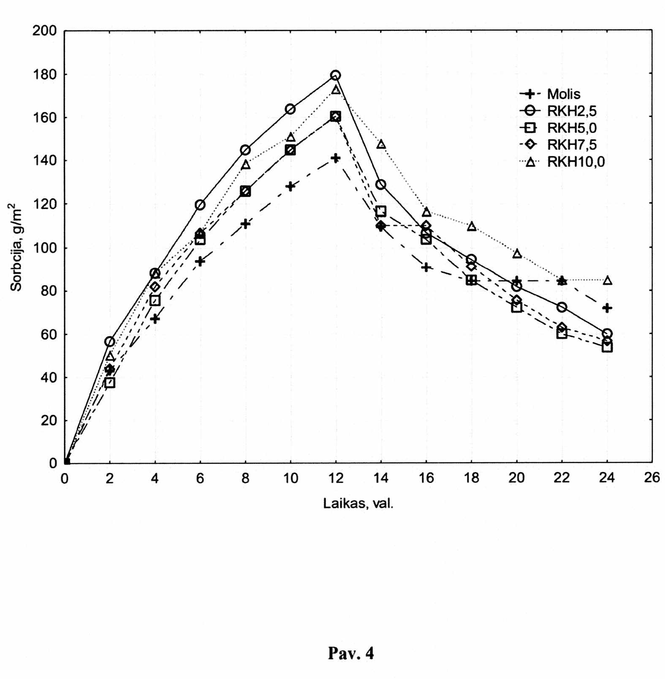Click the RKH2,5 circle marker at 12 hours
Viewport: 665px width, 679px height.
pos(336,75)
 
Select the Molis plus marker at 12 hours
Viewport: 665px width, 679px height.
pos(336,158)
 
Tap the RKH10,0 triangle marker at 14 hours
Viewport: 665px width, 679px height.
pos(381,144)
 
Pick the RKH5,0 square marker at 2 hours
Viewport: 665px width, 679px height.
pos(110,383)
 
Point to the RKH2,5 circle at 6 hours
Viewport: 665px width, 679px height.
pos(200,205)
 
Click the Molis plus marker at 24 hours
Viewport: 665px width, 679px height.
pos(607,308)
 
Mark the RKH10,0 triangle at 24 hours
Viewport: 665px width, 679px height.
pos(607,280)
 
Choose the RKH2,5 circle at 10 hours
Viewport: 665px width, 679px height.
pos(290,109)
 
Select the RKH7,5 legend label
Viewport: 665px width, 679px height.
pos(572,144)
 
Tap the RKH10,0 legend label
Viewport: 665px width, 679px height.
pos(576,161)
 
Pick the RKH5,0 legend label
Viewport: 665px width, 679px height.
pos(572,128)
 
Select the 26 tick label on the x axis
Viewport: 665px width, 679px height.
pos(652,478)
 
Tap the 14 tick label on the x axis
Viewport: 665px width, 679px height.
pos(381,478)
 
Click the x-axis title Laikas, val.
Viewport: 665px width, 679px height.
pos(358,503)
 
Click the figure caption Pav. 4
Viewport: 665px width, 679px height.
pos(351,653)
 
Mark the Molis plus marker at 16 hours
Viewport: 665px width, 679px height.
pos(426,267)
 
